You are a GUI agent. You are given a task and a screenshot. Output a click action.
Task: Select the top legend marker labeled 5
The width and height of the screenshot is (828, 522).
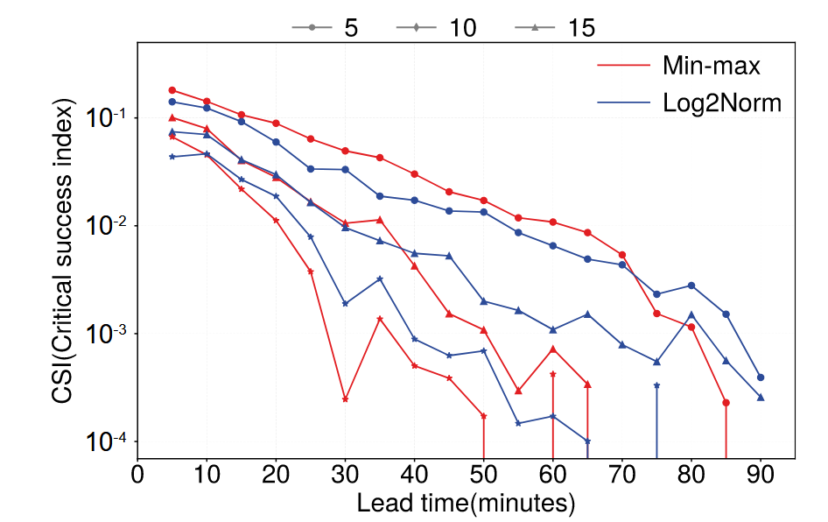point(312,28)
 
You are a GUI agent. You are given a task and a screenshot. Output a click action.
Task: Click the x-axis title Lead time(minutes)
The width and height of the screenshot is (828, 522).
point(466,503)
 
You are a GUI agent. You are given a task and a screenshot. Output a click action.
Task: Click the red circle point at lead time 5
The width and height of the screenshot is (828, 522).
point(172,90)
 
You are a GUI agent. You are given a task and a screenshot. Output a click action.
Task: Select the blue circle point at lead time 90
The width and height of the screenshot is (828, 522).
point(761,377)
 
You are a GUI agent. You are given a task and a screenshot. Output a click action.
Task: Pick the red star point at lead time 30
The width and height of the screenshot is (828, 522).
point(346,399)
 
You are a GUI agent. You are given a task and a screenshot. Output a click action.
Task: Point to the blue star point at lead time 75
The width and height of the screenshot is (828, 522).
point(656,385)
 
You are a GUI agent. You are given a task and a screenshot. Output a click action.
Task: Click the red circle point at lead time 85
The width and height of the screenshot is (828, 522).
point(726,403)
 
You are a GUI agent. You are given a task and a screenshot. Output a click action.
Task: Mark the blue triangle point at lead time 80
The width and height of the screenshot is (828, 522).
point(691,314)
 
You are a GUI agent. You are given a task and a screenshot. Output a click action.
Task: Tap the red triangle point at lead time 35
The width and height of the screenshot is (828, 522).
point(380,220)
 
